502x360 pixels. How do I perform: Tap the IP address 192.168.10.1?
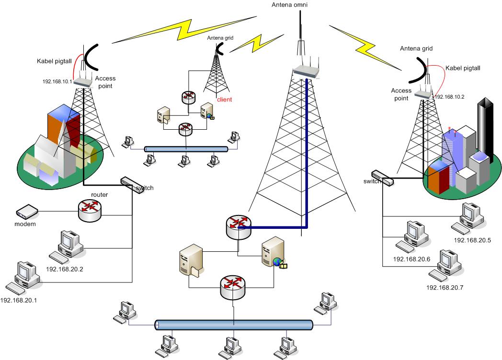(x=57, y=81)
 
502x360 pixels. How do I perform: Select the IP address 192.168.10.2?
(x=449, y=97)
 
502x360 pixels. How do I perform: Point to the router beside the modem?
(x=90, y=209)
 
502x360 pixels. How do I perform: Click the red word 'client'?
(x=224, y=100)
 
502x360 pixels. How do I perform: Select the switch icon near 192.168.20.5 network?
(x=382, y=178)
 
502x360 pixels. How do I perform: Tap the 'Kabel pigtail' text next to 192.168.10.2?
(x=462, y=68)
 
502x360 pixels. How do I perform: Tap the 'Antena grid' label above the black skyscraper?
(x=416, y=48)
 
